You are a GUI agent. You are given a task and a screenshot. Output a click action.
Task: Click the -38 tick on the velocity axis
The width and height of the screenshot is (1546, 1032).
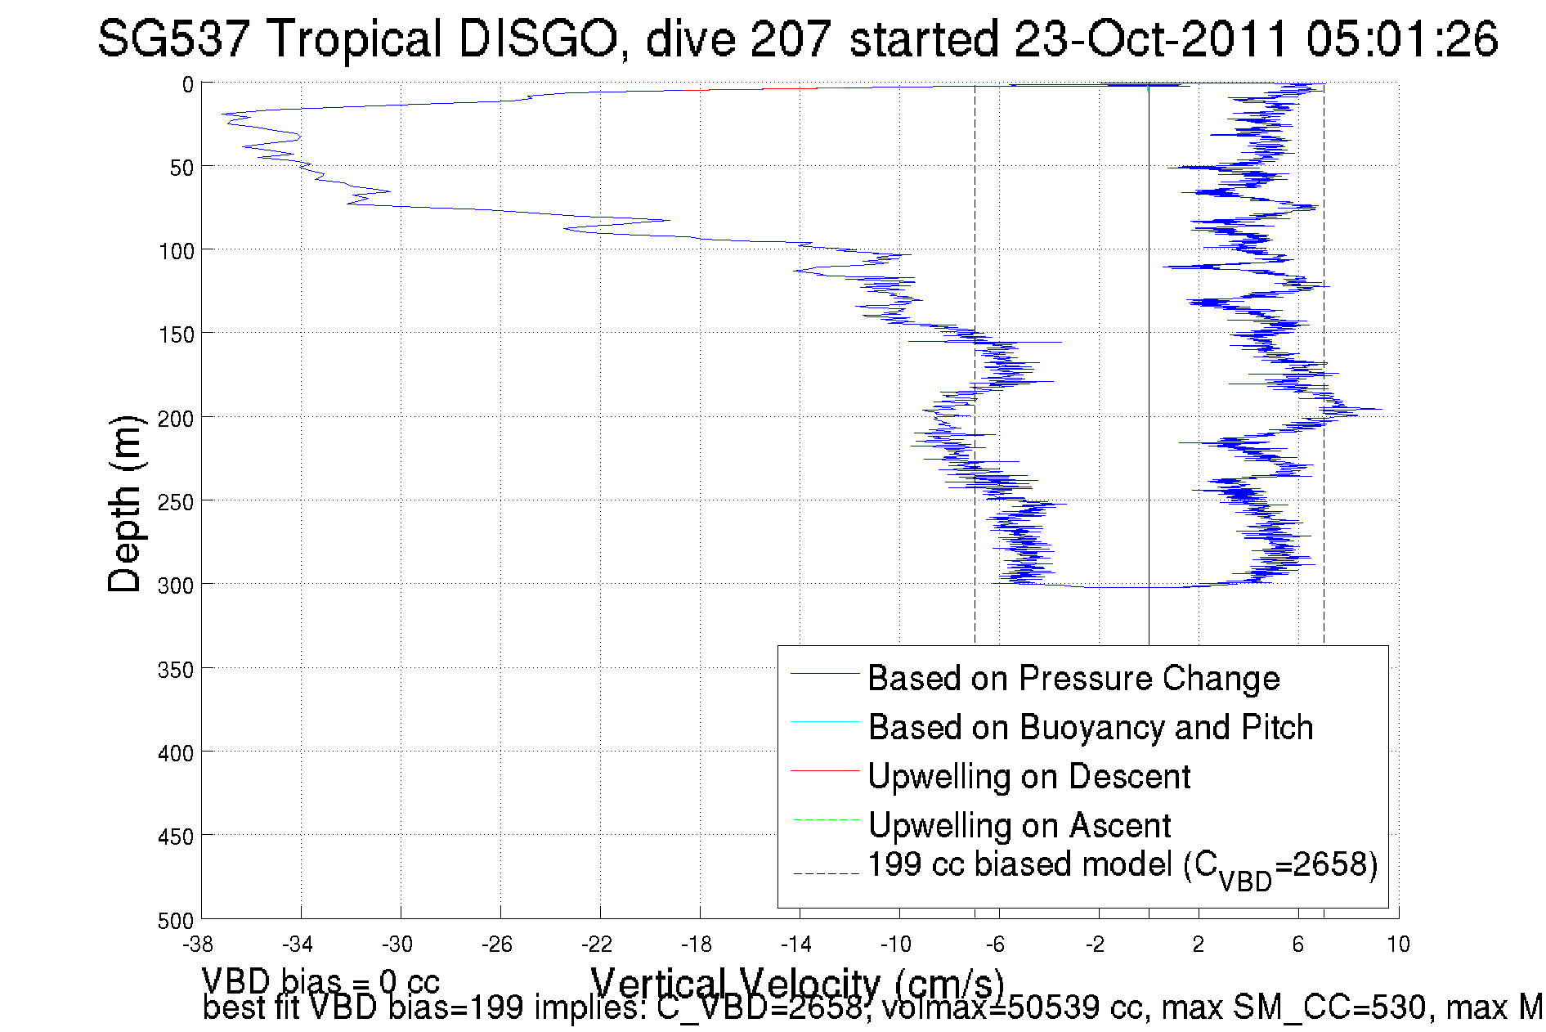198,945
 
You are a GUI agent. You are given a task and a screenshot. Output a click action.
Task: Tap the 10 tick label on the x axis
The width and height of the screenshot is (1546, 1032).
1398,945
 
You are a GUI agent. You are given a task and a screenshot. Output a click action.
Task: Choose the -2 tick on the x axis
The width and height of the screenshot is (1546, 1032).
1096,945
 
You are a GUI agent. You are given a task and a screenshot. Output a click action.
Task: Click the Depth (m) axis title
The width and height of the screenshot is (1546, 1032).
125,503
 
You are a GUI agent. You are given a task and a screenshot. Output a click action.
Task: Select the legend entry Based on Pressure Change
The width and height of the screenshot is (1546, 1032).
1073,678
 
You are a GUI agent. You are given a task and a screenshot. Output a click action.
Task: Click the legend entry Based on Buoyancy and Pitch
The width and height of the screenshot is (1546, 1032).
1090,727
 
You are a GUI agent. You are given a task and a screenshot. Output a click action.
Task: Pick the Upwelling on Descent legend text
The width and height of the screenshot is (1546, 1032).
1028,776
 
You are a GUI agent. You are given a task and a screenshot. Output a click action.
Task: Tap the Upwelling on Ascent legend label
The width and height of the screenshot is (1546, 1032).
1019,825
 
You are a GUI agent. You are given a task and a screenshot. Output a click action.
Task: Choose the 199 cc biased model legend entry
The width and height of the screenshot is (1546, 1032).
1122,866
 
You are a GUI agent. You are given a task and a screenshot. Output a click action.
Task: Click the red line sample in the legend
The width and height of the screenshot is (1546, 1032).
825,770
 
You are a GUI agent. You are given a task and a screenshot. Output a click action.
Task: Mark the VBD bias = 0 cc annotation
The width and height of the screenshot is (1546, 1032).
320,981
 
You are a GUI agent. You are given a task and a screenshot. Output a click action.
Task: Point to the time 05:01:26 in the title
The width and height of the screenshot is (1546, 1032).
1401,38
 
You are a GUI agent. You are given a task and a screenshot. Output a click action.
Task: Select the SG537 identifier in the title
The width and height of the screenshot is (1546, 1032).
173,38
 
